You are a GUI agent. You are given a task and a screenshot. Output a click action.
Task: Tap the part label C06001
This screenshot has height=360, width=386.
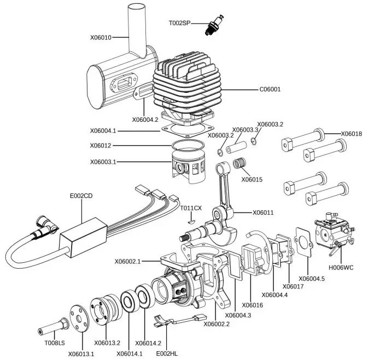click(270, 89)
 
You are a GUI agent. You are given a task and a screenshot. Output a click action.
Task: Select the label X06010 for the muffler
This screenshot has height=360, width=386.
click(101, 38)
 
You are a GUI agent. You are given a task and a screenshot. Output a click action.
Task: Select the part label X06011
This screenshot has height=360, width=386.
click(263, 213)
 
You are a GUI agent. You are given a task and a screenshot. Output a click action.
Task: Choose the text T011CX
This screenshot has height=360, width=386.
click(191, 208)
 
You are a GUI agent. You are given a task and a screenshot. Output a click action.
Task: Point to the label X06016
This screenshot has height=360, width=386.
click(252, 305)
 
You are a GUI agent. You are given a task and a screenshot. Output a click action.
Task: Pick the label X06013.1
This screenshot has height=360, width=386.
click(81, 354)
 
